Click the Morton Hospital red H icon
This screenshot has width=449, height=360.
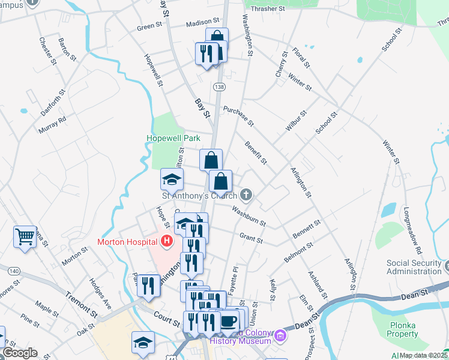pos(167,242)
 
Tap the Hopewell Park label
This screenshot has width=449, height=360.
pos(173,138)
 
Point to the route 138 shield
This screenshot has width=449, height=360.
pos(220,87)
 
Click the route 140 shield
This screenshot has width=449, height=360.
pos(14,271)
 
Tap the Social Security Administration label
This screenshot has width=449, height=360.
pos(414,267)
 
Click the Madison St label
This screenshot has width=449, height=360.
pos(199,23)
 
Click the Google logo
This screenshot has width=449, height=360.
pos(20,352)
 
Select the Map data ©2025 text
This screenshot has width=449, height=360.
pos(424,355)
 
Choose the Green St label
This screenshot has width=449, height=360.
pos(149,26)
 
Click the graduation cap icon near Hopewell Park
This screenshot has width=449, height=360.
pos(172,179)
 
